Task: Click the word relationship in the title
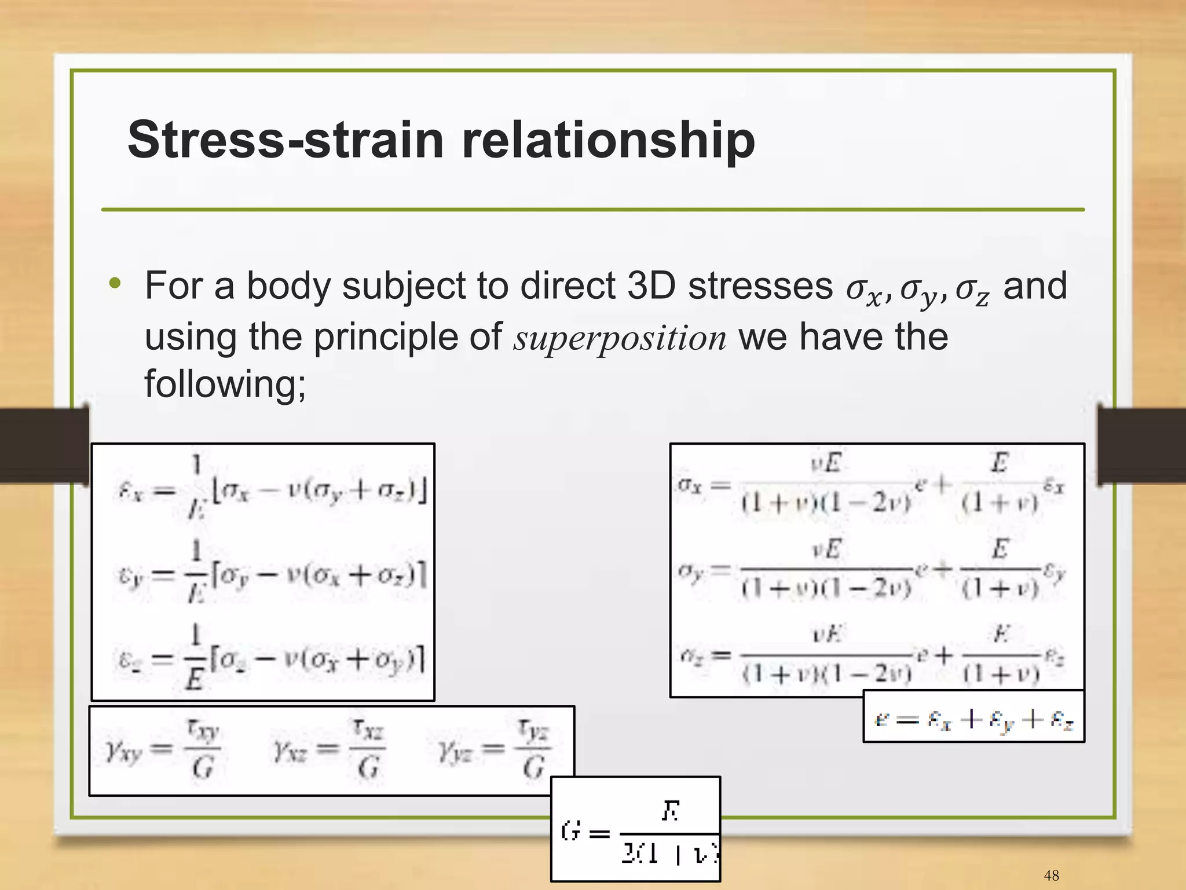pos(608,140)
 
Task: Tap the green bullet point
pos(115,284)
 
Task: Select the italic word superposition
pos(620,338)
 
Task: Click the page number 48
pos(1051,875)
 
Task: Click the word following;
pos(225,383)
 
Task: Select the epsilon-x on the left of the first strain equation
pos(130,492)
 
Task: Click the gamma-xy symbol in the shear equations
pos(123,752)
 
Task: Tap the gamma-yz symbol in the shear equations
pos(455,752)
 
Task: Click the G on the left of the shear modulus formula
pos(571,832)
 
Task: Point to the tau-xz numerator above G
pos(368,730)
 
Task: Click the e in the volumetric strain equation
pos(881,719)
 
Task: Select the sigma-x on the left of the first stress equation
pos(690,485)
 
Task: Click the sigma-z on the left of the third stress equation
pos(690,656)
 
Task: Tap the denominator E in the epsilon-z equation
pos(195,678)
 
